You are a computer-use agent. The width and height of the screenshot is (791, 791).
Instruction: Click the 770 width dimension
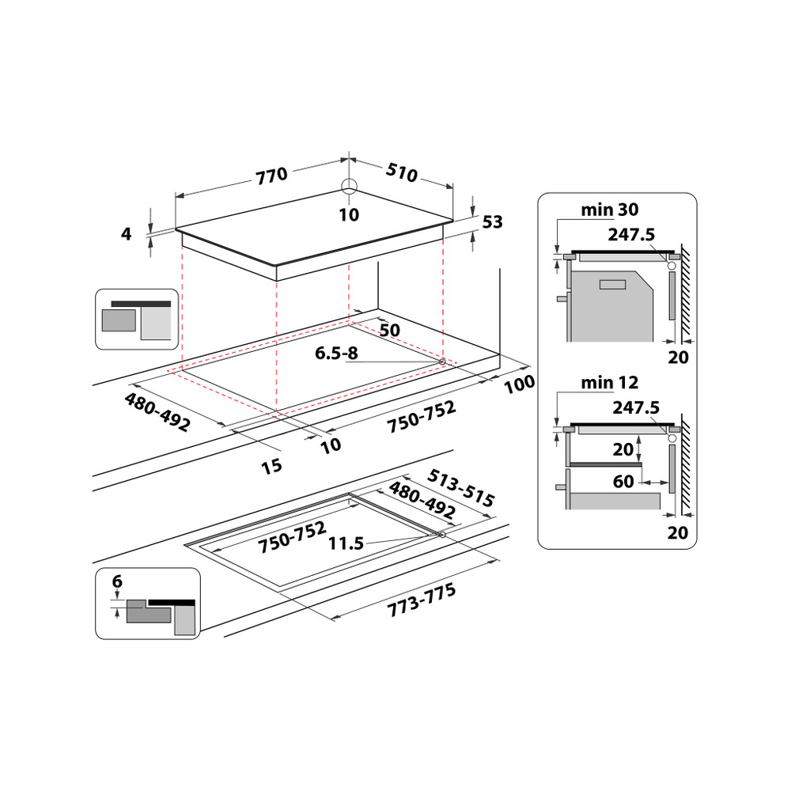coord(271,176)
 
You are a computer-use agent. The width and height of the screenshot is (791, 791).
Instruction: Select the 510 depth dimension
coord(402,172)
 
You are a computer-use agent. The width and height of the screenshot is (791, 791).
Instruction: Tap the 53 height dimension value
coord(492,222)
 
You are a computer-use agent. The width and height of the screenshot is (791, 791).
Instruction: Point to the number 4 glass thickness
coord(126,233)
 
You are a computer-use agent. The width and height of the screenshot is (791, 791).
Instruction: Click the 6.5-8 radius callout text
coord(336,354)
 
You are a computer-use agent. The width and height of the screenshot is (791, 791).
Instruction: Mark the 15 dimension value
coord(271,466)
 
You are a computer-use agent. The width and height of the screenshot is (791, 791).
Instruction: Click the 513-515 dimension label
coord(460,489)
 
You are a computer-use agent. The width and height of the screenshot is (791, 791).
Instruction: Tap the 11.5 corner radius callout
coord(346,543)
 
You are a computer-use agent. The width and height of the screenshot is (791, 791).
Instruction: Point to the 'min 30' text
coord(610,210)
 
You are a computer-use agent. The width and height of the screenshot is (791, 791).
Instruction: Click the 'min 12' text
coord(610,383)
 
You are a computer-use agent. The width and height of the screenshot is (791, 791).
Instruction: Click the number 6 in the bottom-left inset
coord(117,581)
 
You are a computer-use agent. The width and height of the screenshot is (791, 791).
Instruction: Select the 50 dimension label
coord(389,329)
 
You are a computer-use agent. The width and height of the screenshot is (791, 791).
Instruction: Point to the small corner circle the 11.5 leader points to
coord(441,536)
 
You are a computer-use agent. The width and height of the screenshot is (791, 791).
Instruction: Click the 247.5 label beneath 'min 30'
coord(634,234)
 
